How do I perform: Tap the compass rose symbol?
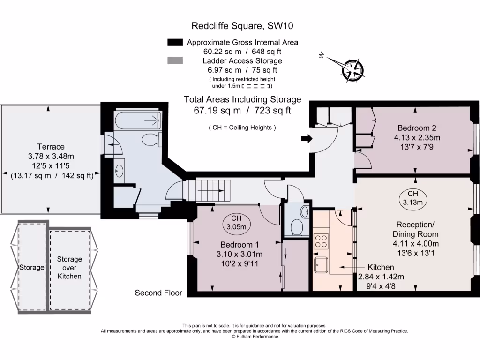[352, 69]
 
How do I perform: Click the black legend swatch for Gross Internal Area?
[174, 43]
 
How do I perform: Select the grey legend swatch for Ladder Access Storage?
[174, 61]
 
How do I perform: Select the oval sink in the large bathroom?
[119, 169]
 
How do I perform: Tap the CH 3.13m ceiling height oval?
[412, 198]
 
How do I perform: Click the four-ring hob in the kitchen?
[321, 241]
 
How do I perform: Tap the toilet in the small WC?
[297, 228]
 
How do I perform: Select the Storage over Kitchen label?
[69, 268]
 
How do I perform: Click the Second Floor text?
[158, 293]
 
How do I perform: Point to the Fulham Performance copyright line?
[255, 337]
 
